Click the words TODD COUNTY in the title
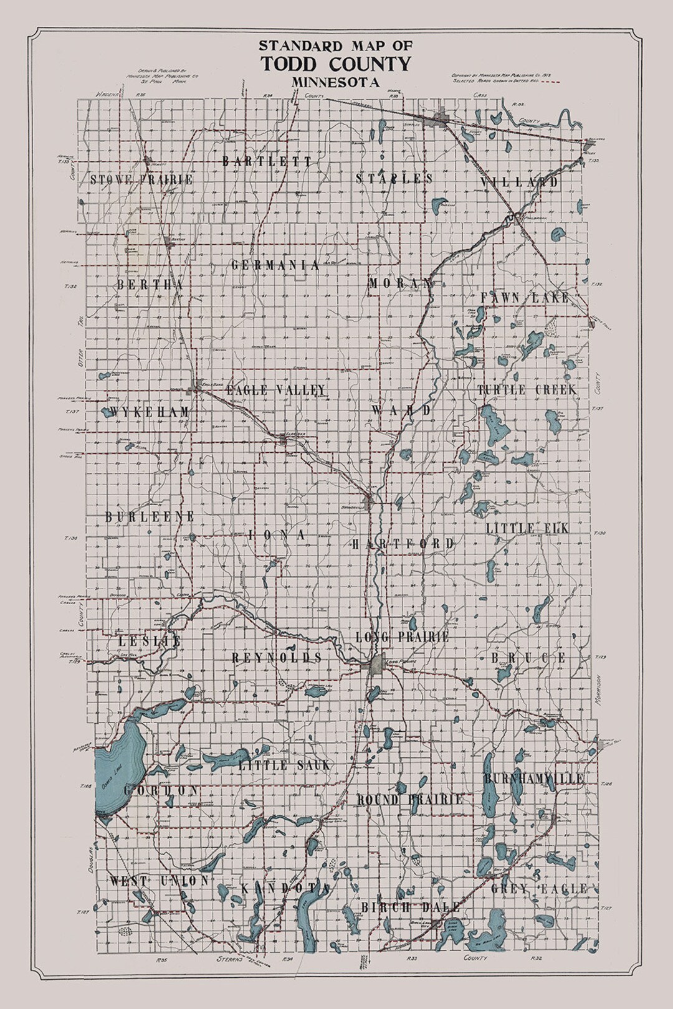336,64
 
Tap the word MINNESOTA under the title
336,81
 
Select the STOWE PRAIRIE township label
141,180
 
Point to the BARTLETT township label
267,161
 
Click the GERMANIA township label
275,265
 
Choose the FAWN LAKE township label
525,298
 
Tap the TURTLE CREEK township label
527,390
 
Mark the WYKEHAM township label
149,412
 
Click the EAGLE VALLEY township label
275,391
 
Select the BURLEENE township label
150,517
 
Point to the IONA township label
277,535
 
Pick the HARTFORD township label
403,544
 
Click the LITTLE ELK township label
527,529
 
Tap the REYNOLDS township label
277,658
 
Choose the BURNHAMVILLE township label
534,779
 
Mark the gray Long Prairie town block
376,666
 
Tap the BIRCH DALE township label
411,907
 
